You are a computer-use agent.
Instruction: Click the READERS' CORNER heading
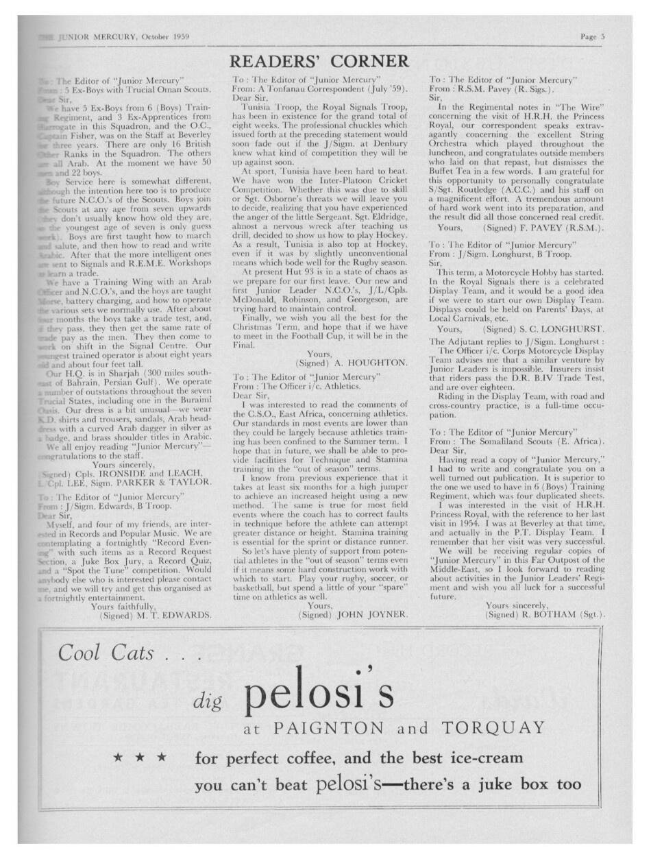coord(319,62)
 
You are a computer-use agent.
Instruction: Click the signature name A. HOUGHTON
coord(366,362)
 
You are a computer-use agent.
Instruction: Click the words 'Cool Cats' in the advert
coord(106,653)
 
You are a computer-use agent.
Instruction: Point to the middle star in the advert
coord(140,758)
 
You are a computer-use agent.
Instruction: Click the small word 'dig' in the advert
coord(206,699)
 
